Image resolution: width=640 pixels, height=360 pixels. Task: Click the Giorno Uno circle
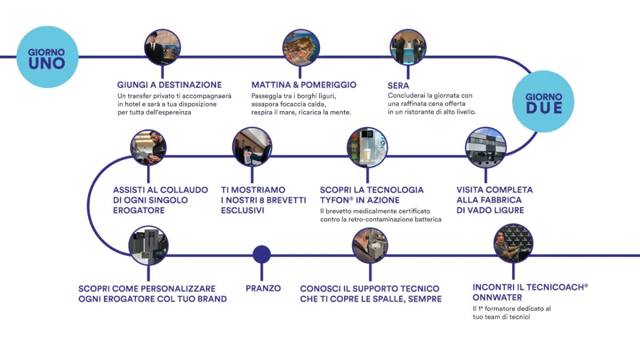point(47,57)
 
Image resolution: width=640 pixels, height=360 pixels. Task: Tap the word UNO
point(47,63)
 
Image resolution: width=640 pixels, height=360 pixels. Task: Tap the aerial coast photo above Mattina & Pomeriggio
point(301,47)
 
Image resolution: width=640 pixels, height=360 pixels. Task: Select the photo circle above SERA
point(407,47)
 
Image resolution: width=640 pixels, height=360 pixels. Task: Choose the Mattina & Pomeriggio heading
point(304,85)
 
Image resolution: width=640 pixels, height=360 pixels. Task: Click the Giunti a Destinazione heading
point(170,85)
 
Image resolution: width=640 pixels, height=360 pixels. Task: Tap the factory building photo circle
point(485,146)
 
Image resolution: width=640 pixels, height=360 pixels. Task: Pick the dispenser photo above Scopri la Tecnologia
point(366,146)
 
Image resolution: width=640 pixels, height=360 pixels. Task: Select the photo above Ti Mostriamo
point(252,146)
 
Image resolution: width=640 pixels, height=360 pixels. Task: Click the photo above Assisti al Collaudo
point(149,147)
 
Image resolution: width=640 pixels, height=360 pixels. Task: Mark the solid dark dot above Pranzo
point(261,254)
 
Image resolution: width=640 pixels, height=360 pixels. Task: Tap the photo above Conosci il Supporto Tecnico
point(369,246)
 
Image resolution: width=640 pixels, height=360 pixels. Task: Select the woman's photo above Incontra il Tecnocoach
point(513,244)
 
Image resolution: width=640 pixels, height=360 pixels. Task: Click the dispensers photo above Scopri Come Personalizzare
point(149,245)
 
